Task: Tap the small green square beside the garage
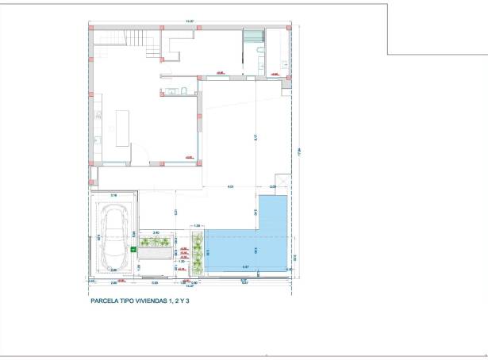(x=133, y=249)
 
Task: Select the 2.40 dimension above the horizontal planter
(x=156, y=232)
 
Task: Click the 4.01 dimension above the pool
(x=229, y=187)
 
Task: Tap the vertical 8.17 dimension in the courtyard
(x=256, y=136)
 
